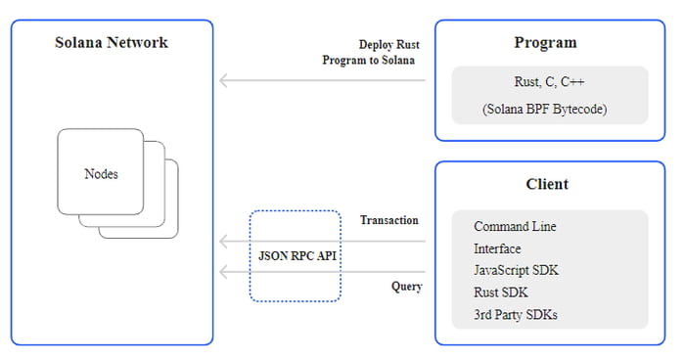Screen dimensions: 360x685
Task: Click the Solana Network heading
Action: pyautogui.click(x=111, y=42)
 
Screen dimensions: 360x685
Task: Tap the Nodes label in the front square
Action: pyautogui.click(x=101, y=174)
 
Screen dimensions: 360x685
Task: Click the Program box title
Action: pyautogui.click(x=545, y=42)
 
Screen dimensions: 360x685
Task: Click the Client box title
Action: pyautogui.click(x=546, y=184)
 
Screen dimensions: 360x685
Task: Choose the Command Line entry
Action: pyautogui.click(x=515, y=226)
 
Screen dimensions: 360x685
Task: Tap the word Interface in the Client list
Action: pyautogui.click(x=497, y=248)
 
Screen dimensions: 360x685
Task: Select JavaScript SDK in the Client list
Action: pyautogui.click(x=516, y=270)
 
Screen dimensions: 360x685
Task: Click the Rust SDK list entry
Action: pyautogui.click(x=501, y=292)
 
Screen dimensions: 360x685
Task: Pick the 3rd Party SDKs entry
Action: pyautogui.click(x=516, y=314)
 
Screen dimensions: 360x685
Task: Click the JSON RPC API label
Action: pyautogui.click(x=295, y=255)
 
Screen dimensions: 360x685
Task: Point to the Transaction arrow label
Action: pyautogui.click(x=388, y=220)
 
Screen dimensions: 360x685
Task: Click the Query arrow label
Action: pyautogui.click(x=406, y=287)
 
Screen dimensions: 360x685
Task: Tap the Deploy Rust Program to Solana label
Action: pyautogui.click(x=369, y=52)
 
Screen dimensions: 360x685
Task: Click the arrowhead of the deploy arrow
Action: pyautogui.click(x=223, y=80)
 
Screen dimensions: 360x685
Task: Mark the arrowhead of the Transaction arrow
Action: pyautogui.click(x=223, y=241)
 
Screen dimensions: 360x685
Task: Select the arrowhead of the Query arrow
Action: pyautogui.click(x=223, y=272)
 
